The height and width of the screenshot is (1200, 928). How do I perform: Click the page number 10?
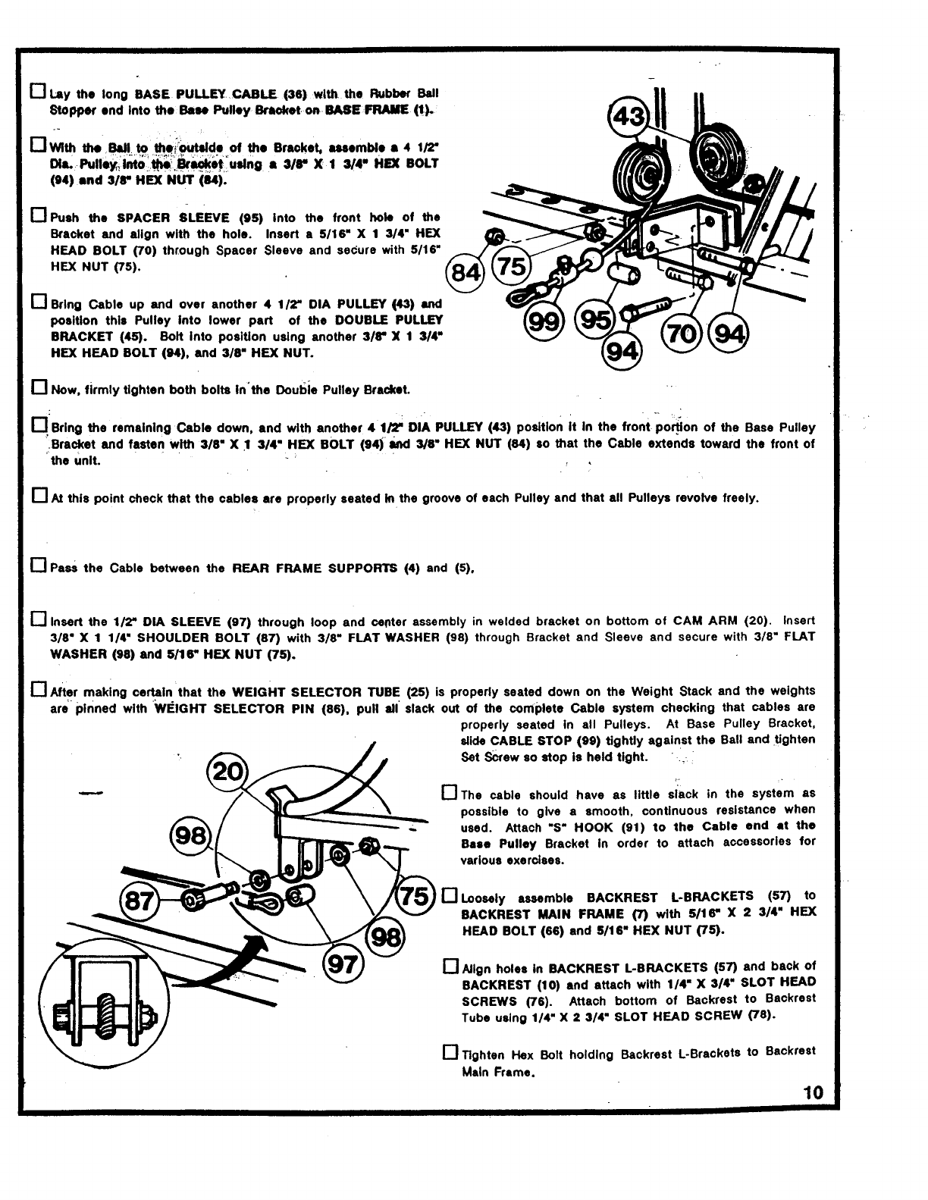click(x=813, y=1092)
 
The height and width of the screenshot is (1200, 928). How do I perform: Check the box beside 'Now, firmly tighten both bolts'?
click(x=39, y=389)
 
